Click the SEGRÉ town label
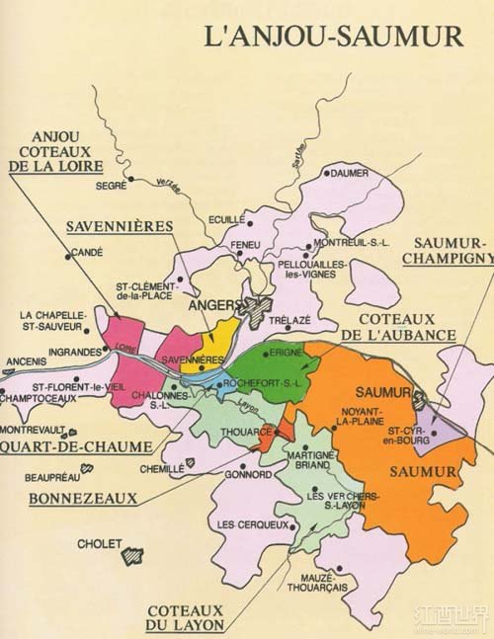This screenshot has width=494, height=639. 112,185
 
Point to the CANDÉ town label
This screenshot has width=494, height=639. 87,254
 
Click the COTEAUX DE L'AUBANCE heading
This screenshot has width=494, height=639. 406,327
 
